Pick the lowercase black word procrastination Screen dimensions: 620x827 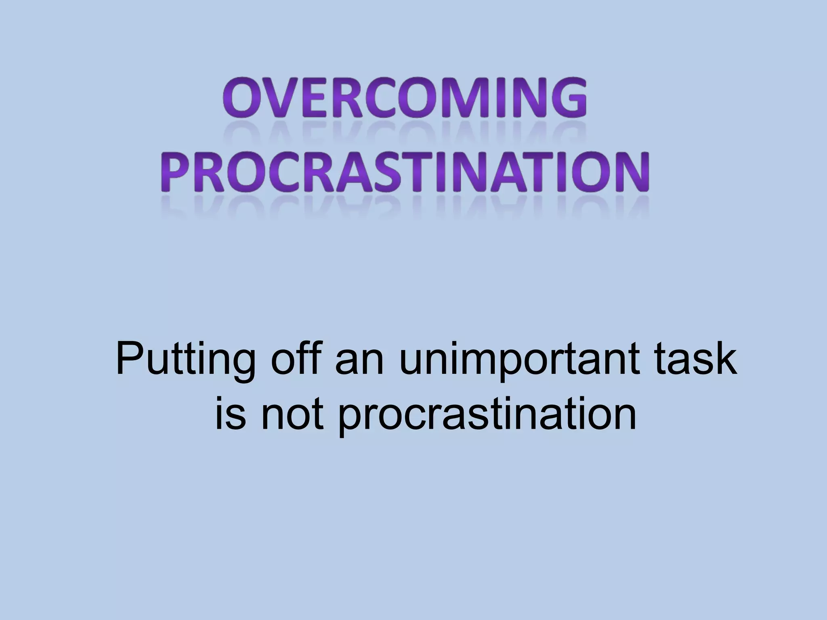[x=487, y=416]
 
